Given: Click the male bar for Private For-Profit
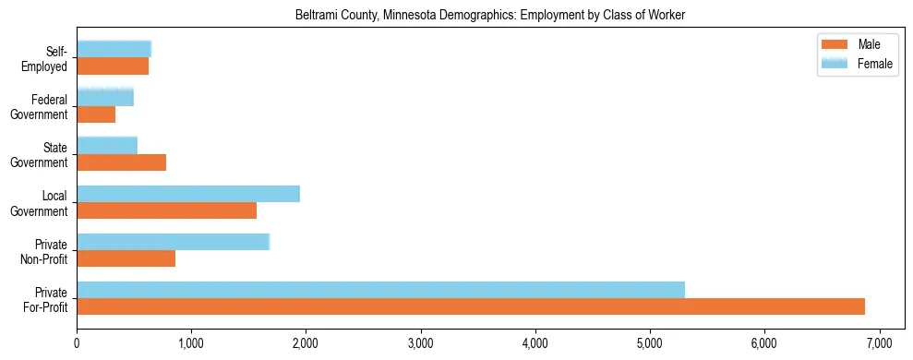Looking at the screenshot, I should [471, 306].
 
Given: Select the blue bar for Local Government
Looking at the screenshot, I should [188, 194].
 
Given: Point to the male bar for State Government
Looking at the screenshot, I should [121, 162].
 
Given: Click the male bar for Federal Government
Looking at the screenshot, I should [96, 114].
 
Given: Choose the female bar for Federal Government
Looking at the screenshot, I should [105, 98].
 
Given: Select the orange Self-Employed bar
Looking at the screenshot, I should [113, 66].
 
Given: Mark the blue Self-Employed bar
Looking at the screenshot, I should [114, 50].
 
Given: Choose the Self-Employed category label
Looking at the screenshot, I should [49, 59].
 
